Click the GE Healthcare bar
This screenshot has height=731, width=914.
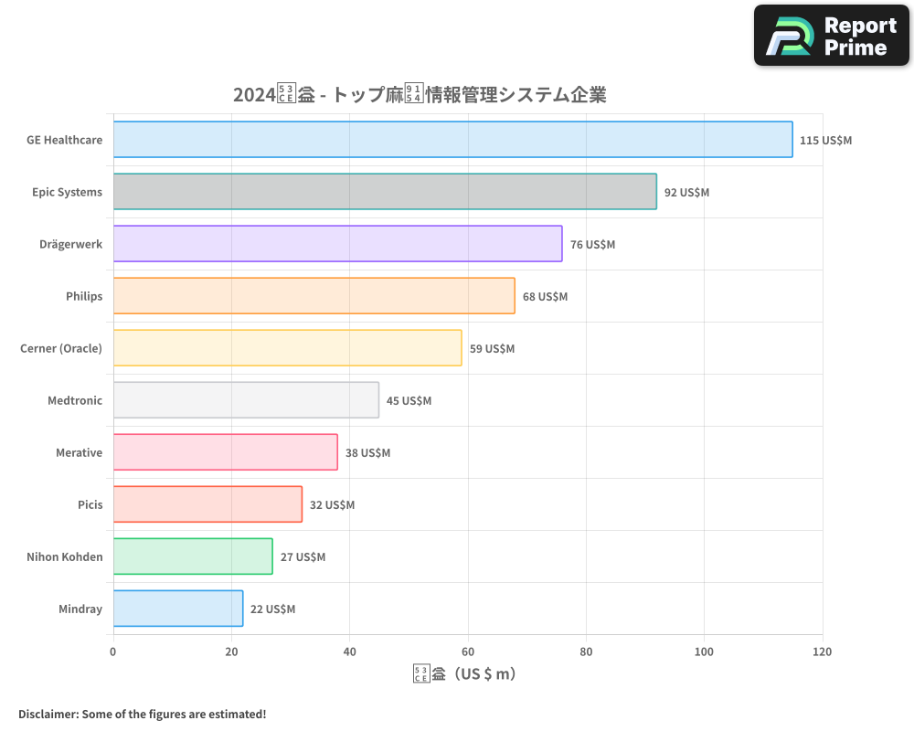(x=452, y=140)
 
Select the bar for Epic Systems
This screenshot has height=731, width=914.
(x=385, y=192)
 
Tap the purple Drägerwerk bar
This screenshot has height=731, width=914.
(x=337, y=244)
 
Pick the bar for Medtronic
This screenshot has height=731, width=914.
(x=246, y=400)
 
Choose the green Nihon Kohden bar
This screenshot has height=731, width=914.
(x=193, y=556)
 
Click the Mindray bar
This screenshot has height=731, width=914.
(x=178, y=609)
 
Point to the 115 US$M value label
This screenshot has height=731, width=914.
(x=825, y=141)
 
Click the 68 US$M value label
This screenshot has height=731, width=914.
(x=545, y=297)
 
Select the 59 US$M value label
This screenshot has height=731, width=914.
(x=492, y=349)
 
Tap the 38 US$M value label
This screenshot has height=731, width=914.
(x=367, y=453)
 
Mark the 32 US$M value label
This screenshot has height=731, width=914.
(x=332, y=505)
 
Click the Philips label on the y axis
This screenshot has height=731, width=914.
(x=84, y=296)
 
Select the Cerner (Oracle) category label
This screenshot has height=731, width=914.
(x=61, y=348)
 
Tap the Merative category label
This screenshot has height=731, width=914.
(x=79, y=452)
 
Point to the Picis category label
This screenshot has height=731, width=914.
(x=90, y=504)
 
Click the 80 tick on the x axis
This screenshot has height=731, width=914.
(x=586, y=652)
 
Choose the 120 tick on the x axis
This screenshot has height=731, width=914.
(x=822, y=652)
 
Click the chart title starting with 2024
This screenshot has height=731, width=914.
(x=420, y=94)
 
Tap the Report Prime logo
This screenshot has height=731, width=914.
(x=832, y=36)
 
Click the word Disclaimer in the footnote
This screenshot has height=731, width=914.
(x=48, y=714)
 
